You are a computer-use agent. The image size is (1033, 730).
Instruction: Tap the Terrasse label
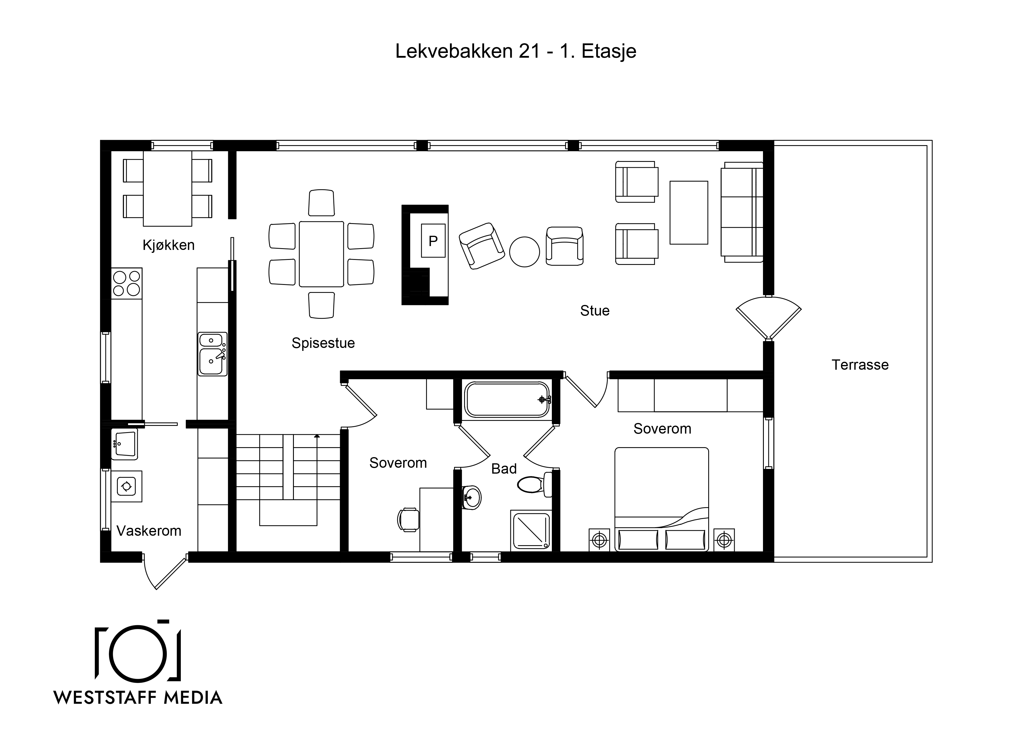click(860, 365)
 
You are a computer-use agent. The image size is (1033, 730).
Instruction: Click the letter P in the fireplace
click(433, 241)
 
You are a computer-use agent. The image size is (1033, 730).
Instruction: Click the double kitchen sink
click(212, 354)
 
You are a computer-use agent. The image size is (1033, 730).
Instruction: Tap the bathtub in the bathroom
click(507, 400)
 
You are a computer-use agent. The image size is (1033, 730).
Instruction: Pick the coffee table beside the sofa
click(688, 213)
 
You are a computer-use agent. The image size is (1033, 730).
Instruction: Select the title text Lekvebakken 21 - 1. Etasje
click(516, 51)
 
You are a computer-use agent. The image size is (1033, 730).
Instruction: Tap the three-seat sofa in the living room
click(742, 212)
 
